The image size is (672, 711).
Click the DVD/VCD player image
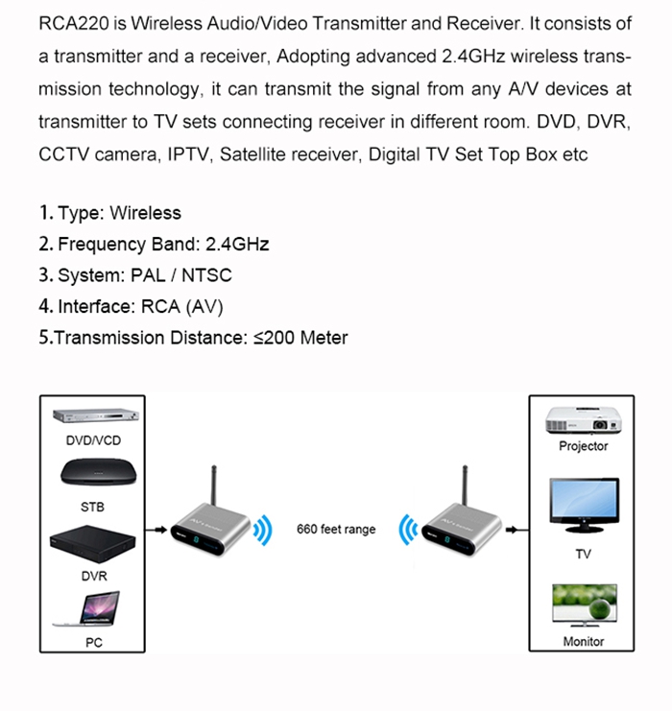coord(93,417)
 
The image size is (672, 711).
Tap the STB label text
coord(93,506)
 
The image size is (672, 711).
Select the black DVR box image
coord(93,546)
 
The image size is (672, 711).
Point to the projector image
coord(583,419)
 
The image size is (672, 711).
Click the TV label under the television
coord(583,555)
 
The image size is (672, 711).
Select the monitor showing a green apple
coord(583,605)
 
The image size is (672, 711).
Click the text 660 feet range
coord(336,530)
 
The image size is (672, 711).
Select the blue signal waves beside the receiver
coord(409,530)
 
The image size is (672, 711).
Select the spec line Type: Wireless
coord(109,213)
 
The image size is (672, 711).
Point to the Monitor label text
coord(583,641)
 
